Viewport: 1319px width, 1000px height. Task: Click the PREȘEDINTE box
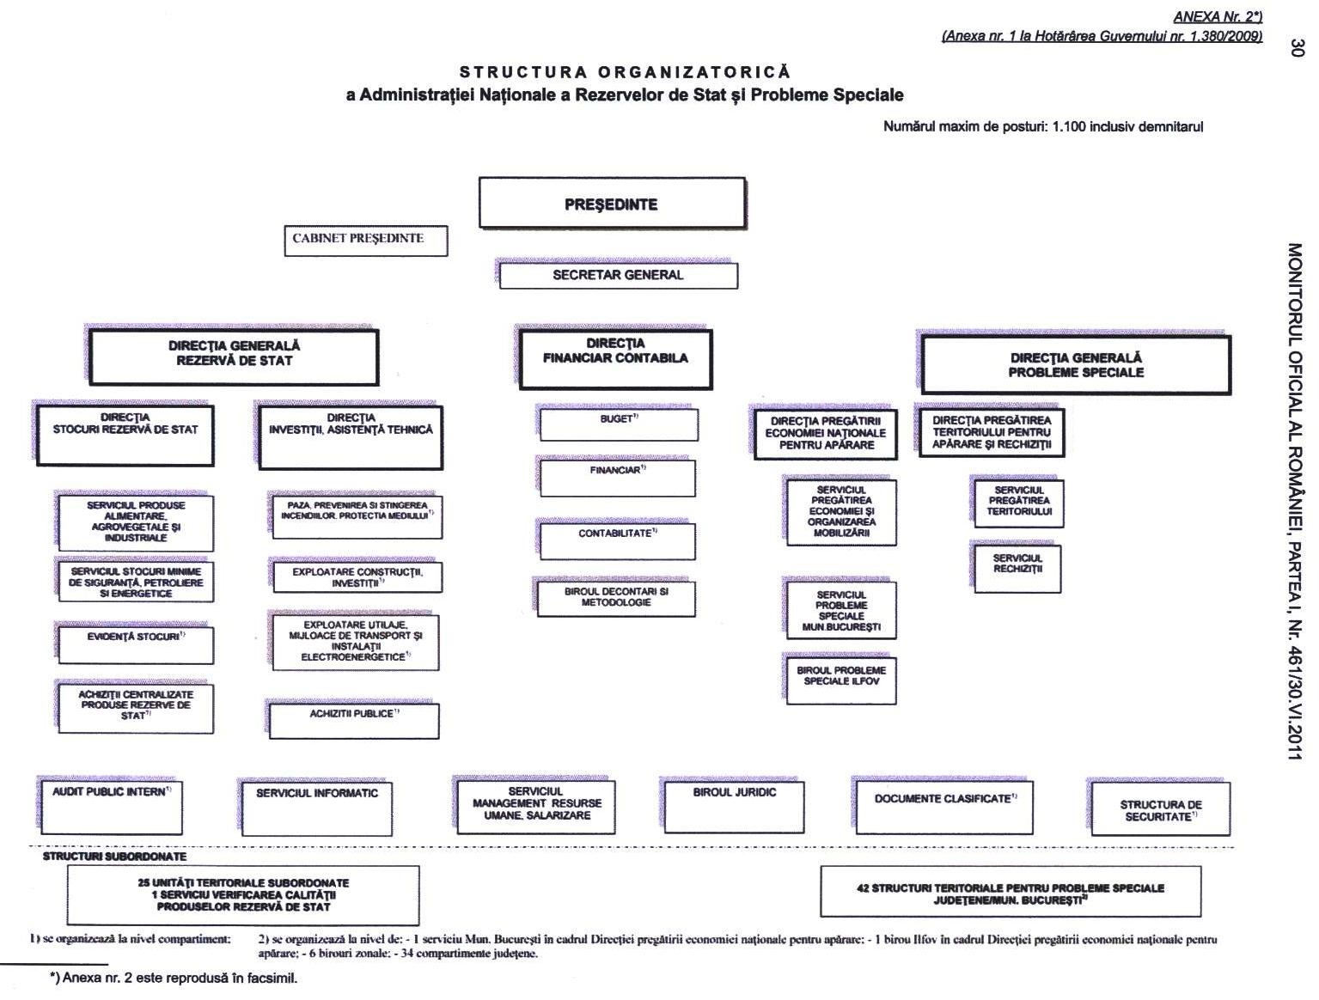pos(611,204)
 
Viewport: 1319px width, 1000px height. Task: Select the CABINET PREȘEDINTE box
pos(365,240)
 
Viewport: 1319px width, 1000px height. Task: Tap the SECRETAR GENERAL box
pos(618,276)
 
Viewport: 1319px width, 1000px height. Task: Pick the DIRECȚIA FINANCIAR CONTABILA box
pos(615,358)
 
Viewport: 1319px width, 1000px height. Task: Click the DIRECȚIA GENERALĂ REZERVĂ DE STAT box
pos(234,357)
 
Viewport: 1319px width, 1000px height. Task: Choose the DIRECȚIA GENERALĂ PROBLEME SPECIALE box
pos(1075,365)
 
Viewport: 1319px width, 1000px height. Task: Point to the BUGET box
pos(618,424)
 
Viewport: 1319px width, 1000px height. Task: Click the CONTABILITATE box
pos(617,540)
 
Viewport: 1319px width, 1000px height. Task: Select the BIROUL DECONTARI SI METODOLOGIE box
pos(616,599)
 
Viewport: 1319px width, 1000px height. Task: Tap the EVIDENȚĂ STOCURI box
pos(136,644)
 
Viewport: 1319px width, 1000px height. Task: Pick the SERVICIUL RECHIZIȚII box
pos(1017,567)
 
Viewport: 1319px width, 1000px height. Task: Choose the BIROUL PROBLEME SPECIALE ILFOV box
pos(841,678)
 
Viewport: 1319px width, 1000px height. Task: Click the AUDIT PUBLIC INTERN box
pos(112,805)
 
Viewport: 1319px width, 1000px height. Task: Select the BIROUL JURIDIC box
pos(734,805)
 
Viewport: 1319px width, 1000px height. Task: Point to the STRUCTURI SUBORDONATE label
pos(114,857)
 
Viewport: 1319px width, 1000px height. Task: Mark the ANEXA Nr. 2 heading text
pos(1217,17)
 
